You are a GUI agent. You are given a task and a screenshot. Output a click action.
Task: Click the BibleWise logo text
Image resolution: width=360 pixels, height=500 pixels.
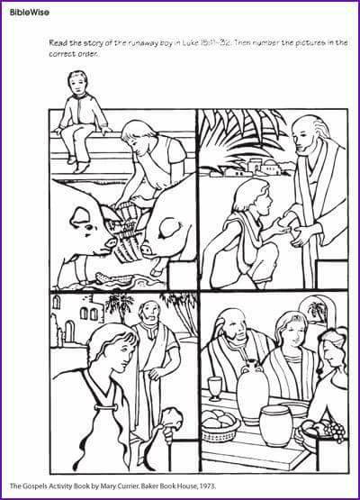(x=30, y=13)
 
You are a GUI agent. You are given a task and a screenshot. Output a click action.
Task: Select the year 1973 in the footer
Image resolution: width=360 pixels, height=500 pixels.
(x=208, y=486)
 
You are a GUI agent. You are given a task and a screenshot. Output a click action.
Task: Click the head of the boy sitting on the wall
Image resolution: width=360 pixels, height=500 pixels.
(x=77, y=83)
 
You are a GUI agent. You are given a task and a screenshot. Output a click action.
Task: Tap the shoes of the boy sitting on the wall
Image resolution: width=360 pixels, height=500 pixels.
(x=79, y=164)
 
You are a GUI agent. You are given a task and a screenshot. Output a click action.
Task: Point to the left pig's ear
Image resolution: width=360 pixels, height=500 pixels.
(x=78, y=217)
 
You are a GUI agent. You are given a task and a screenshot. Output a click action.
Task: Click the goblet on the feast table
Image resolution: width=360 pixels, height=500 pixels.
(x=215, y=388)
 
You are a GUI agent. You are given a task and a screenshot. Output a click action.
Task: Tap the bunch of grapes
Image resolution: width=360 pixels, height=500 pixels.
(x=336, y=431)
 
